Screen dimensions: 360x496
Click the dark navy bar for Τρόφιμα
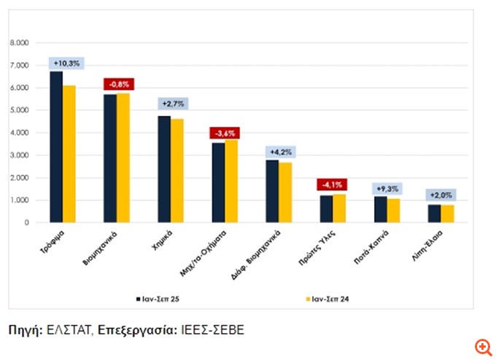[x=56, y=146]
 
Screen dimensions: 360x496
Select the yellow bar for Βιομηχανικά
[x=123, y=157]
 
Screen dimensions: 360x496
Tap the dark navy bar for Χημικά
[x=164, y=169]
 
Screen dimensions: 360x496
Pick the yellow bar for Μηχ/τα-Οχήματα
[x=231, y=181]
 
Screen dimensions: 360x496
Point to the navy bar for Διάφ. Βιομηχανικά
[x=271, y=191]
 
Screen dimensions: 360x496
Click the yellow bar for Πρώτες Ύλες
[x=339, y=208]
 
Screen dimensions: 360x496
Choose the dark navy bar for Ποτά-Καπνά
[x=380, y=209]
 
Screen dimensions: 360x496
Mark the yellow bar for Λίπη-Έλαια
[x=447, y=214]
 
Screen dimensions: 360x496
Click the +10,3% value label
[x=63, y=63]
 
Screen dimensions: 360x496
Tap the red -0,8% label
[x=117, y=83]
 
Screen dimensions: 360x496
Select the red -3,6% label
[x=225, y=133]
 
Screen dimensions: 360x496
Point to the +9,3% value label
[x=387, y=187]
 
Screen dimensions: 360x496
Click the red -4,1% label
[x=333, y=184]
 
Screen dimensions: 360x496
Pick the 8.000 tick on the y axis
[x=19, y=44]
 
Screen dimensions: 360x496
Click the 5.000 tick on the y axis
[x=19, y=111]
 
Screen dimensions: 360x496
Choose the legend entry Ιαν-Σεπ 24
[x=330, y=298]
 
